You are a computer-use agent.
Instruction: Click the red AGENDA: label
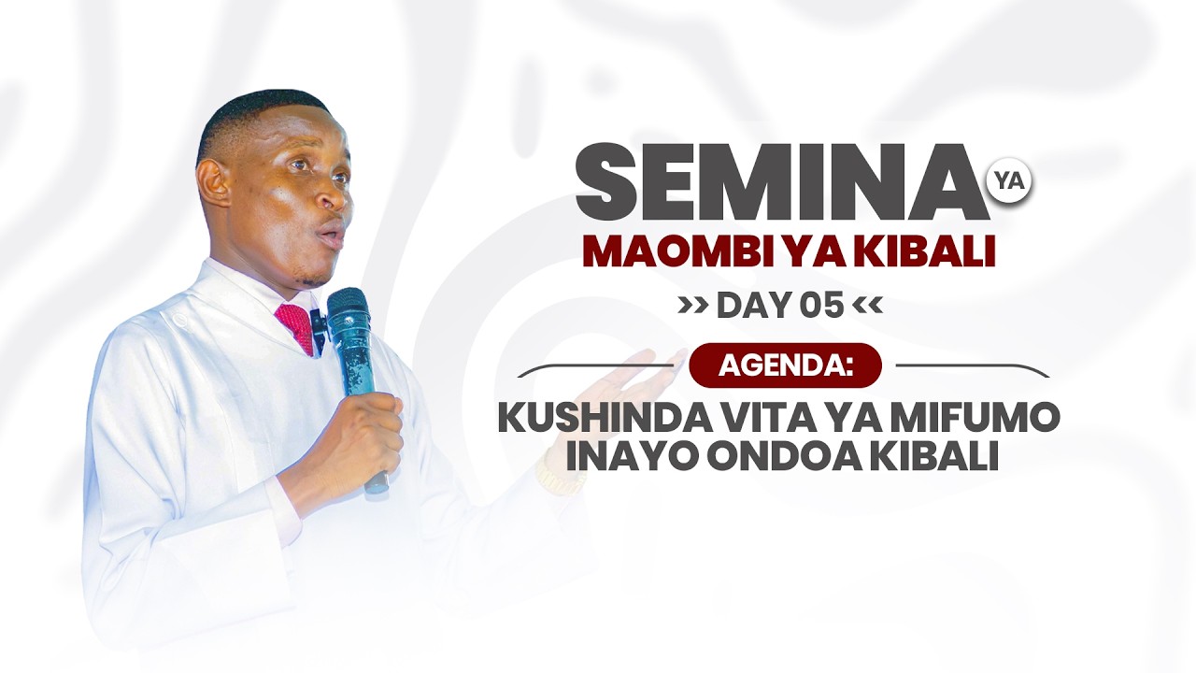coord(785,365)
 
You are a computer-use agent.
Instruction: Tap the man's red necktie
coord(297,327)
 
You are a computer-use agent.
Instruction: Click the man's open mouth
coord(331,234)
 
